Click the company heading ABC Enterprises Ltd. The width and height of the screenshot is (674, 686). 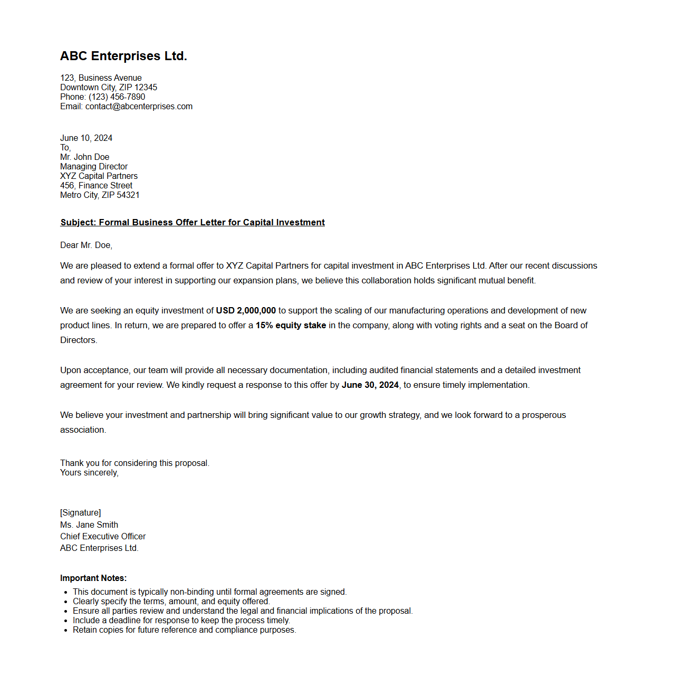[123, 56]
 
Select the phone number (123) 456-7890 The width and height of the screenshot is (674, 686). [117, 97]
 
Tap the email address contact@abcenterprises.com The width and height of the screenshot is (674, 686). [139, 107]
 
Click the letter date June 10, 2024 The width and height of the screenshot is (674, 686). [86, 138]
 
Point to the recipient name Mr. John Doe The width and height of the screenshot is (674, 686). [84, 157]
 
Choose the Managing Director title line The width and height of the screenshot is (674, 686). [94, 167]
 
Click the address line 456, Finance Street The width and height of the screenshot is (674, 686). [96, 186]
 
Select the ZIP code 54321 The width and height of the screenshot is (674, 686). [128, 195]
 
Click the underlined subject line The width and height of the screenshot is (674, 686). [192, 223]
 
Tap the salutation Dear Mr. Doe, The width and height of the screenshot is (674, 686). [86, 245]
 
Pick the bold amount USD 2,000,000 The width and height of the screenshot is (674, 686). [246, 311]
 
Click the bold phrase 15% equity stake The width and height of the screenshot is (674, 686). [291, 326]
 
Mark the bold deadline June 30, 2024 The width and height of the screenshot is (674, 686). [370, 385]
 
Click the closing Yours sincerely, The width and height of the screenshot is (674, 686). [89, 473]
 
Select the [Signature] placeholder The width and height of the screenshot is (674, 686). [80, 513]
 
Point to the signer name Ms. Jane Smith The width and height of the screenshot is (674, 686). [89, 525]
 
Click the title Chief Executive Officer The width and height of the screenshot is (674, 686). [103, 537]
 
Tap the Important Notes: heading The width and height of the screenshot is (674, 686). [93, 578]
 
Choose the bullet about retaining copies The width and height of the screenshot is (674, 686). [184, 630]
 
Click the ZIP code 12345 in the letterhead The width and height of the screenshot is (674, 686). [146, 88]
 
